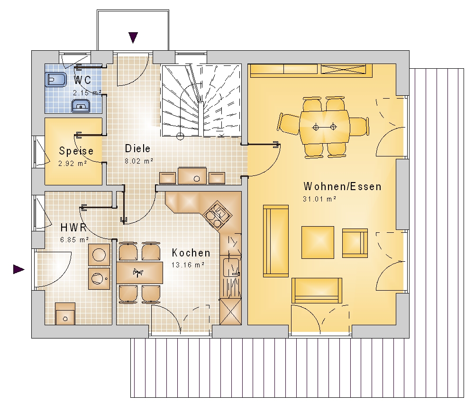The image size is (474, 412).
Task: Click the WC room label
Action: coord(82,80)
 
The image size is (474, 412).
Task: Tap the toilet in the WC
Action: coord(55,80)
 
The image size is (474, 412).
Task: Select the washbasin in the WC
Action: coord(81,106)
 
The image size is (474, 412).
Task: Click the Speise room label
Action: coord(76,151)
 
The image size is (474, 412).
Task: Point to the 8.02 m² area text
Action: coord(139,161)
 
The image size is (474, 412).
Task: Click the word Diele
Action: coord(137,148)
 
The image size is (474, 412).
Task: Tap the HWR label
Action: coord(73,227)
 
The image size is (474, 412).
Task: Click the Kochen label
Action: coord(191,253)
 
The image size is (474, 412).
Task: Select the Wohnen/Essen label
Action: coord(343,186)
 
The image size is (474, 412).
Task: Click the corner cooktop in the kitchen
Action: coord(218,214)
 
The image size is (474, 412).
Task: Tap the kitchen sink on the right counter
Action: coord(231,266)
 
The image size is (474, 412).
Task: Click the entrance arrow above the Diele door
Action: coord(133,38)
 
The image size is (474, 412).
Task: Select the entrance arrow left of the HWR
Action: coord(19,269)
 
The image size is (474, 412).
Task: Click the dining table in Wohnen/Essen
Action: coord(324,127)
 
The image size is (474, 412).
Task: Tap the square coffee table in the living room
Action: coord(318,242)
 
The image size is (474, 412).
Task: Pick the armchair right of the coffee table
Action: coord(355,243)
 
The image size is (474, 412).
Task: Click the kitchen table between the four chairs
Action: coord(140,273)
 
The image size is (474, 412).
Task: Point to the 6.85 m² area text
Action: coord(74,240)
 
